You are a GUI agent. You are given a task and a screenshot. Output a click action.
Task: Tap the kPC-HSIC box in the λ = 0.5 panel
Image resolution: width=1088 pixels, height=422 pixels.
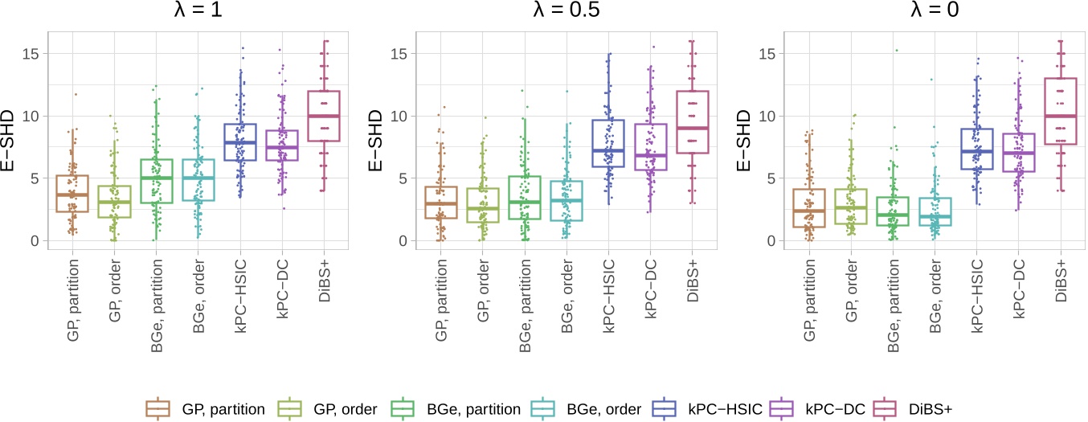point(607,143)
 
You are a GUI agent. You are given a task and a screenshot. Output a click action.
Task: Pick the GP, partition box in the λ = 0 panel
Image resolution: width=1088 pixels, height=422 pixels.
point(808,208)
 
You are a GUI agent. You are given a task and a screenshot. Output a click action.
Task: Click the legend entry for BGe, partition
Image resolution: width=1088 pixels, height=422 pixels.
point(435,408)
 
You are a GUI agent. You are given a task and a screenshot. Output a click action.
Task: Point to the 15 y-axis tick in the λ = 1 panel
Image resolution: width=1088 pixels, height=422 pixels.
point(32,54)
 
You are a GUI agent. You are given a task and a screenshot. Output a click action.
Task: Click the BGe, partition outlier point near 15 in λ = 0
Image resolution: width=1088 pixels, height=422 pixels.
point(897,51)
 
